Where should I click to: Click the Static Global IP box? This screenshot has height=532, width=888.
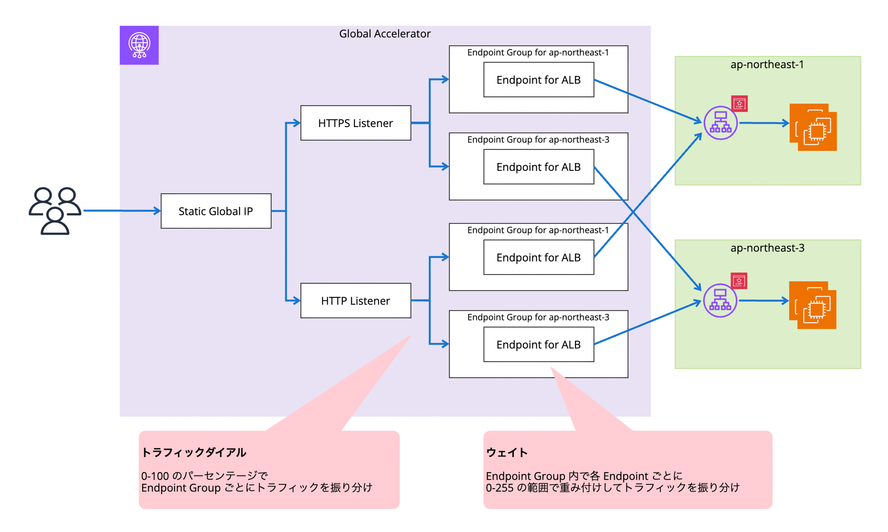(x=216, y=211)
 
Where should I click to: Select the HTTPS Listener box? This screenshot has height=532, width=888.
(x=356, y=123)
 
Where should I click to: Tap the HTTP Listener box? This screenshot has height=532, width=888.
(x=356, y=301)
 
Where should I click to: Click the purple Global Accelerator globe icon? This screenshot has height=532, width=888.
(x=139, y=45)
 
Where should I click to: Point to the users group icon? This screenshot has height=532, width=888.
(x=55, y=211)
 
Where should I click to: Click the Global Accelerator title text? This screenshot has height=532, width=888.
(x=385, y=34)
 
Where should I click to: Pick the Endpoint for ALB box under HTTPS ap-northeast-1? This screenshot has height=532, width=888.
(x=539, y=80)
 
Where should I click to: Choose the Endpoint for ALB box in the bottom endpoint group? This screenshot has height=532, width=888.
(x=539, y=345)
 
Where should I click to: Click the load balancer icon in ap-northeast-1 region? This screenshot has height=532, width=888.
(x=720, y=123)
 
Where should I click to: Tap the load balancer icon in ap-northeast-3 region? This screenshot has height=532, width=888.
(x=720, y=300)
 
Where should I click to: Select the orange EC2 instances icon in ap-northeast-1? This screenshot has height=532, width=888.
(x=813, y=127)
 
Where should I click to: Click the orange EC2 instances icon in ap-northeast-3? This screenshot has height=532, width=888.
(x=813, y=305)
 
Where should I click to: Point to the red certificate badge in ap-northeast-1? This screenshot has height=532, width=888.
(x=739, y=104)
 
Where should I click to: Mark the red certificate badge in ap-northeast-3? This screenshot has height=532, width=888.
(x=739, y=281)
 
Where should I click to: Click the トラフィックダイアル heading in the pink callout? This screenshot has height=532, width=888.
(x=194, y=453)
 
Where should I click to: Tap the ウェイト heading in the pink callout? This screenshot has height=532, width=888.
(x=507, y=453)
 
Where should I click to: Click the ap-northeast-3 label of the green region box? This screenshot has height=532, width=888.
(x=767, y=248)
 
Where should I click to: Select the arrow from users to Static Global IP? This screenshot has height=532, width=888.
(x=122, y=211)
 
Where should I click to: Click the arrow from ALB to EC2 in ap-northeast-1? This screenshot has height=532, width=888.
(x=764, y=123)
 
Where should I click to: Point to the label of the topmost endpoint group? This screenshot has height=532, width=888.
(x=538, y=52)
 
